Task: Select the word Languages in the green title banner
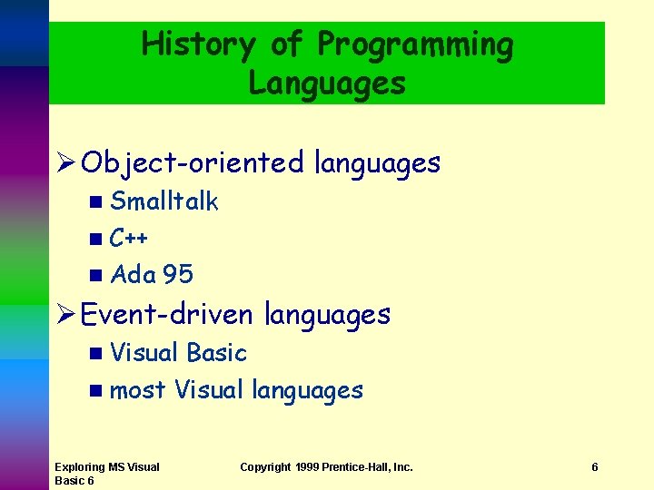pos(327,83)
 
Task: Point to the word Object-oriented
pos(192,163)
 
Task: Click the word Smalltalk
pos(164,201)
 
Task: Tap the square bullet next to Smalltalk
pos(96,202)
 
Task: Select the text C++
pos(129,239)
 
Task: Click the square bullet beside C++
pos(96,240)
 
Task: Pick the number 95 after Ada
pos(178,275)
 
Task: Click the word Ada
pos(133,275)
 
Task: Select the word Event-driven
pos(167,315)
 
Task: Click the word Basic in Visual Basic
pos(216,352)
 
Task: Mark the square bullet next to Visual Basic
pos(96,353)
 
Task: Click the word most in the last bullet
pos(137,391)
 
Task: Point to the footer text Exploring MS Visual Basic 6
pos(106,474)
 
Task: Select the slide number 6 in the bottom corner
pos(595,467)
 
